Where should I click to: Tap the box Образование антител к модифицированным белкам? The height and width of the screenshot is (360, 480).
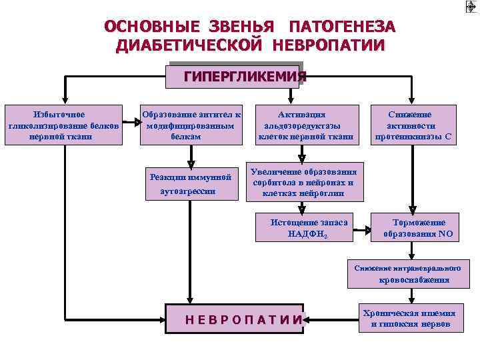pos(191,125)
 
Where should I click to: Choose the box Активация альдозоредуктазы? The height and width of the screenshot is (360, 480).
pos(306,125)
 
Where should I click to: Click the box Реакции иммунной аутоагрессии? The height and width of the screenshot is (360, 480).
pos(191,183)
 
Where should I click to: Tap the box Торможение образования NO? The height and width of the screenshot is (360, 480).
pos(419,228)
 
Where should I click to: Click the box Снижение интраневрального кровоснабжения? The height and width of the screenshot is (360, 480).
pos(407,273)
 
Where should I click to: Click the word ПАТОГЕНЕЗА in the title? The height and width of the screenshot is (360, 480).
pos(342,27)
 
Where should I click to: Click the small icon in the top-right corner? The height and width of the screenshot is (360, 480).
pos(470,7)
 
